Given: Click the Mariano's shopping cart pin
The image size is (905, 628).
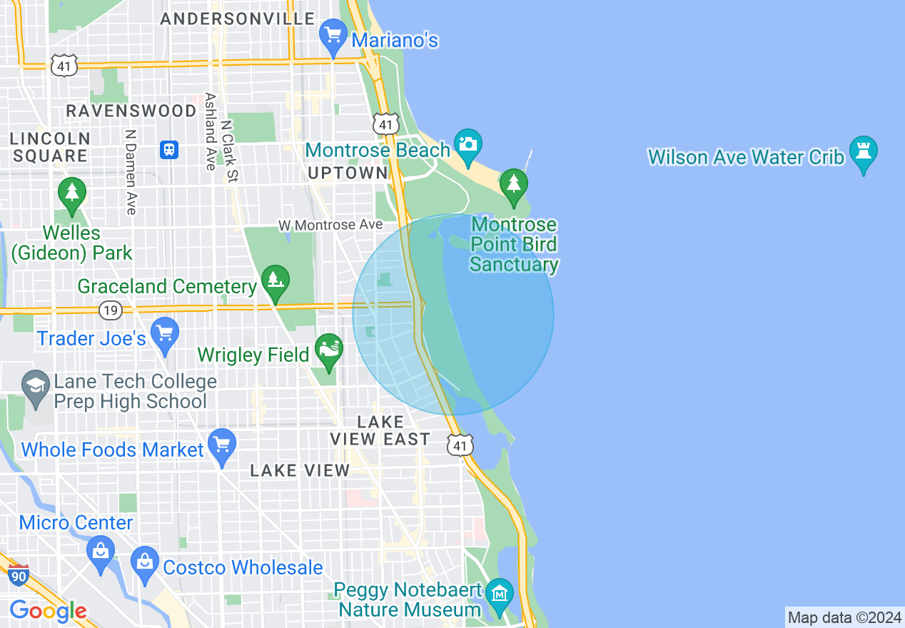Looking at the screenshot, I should [333, 36].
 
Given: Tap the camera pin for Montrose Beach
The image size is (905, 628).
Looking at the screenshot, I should [467, 145].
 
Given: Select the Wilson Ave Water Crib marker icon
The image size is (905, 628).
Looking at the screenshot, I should [864, 153].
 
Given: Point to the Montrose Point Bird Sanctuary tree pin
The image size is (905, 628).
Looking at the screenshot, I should [513, 185].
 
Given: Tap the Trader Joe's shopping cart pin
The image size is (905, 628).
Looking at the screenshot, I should [165, 335].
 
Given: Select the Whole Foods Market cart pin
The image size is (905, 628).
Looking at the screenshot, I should [222, 445].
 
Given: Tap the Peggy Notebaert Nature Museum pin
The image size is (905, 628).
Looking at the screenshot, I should [500, 594].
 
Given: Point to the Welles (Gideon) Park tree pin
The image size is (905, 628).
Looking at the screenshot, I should [71, 194].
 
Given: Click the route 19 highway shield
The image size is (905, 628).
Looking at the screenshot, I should [110, 310].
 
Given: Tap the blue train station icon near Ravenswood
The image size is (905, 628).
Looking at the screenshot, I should [169, 150].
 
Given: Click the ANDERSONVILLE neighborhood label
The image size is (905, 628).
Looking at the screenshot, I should [238, 19].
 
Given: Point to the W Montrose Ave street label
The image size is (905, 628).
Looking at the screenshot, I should [330, 226].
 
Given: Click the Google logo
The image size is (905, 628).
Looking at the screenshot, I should [48, 611].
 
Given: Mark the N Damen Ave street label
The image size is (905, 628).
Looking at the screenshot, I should [130, 171].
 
